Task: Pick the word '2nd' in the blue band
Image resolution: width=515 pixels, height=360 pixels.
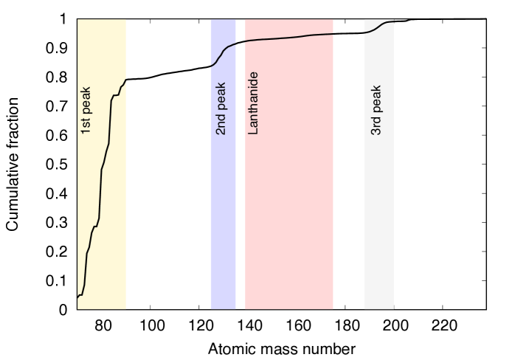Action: pyautogui.click(x=221, y=125)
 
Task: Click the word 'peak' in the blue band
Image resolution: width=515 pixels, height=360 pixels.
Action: pyautogui.click(x=221, y=98)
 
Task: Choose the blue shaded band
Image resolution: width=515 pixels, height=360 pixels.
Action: pyautogui.click(x=223, y=221)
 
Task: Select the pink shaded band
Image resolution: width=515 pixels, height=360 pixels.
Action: pyautogui.click(x=289, y=184)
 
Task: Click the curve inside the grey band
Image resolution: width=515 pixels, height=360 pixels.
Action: pyautogui.click(x=379, y=27)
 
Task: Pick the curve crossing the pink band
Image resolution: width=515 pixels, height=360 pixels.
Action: pyautogui.click(x=289, y=37)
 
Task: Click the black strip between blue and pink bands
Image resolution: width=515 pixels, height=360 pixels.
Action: pyautogui.click(x=241, y=184)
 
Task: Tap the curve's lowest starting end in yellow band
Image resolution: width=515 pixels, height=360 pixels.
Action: pyautogui.click(x=78, y=297)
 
